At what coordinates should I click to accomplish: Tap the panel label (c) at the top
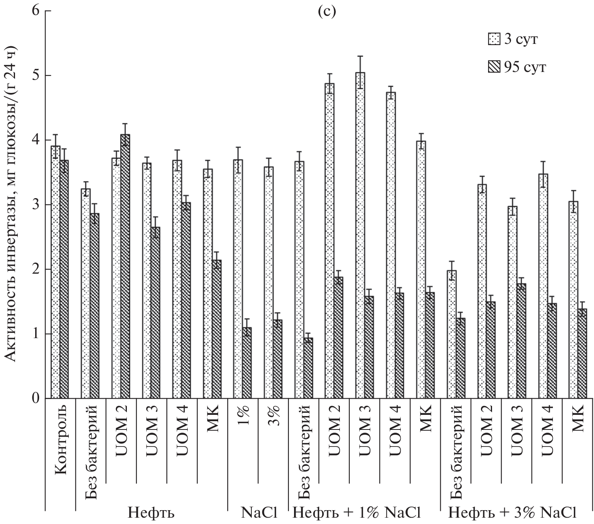pos(326,11)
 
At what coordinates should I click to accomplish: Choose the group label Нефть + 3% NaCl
pos(511,513)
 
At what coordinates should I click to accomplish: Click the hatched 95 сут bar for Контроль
pos(64,279)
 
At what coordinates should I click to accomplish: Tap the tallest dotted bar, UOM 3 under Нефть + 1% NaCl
pos(360,235)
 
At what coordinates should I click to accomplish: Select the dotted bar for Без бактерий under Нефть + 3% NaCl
pos(452,334)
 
